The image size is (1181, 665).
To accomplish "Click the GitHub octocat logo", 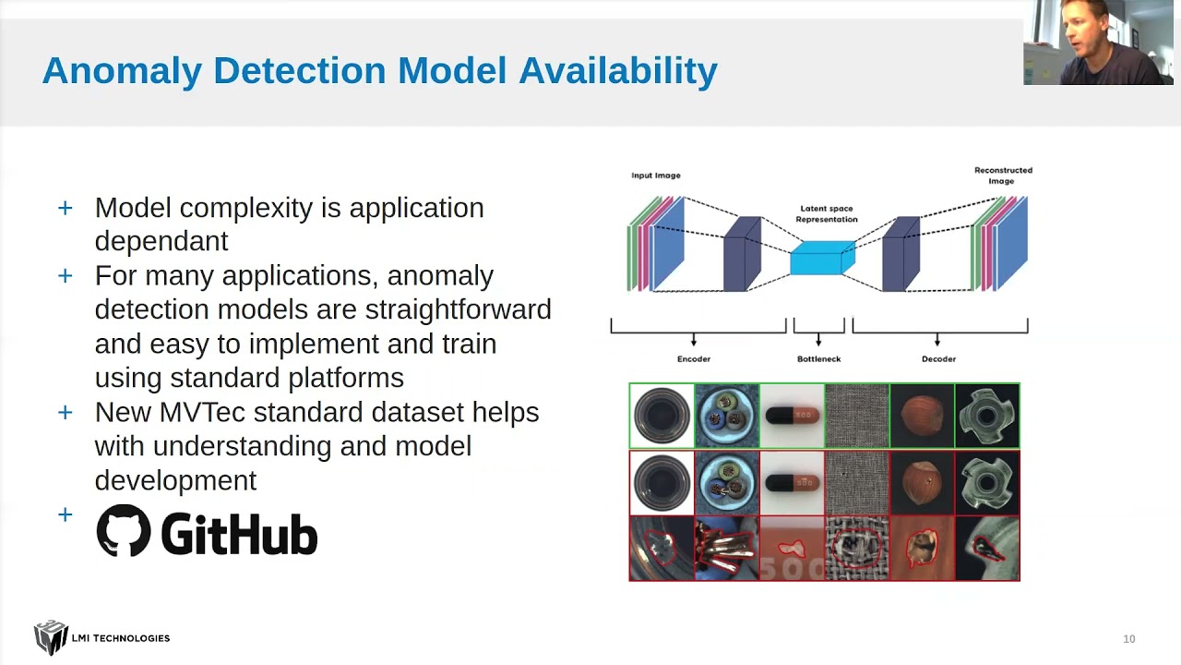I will (123, 530).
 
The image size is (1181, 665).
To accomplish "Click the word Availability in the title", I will (618, 71).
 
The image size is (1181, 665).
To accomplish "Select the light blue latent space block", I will (821, 258).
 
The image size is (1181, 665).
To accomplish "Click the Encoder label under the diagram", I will (694, 358).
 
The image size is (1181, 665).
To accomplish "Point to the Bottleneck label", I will (818, 358).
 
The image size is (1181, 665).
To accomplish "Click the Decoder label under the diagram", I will (938, 358).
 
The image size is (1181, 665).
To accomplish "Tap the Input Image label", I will (655, 175).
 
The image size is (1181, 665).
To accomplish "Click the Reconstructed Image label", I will (1003, 175).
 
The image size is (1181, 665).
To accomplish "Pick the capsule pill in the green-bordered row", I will (792, 416).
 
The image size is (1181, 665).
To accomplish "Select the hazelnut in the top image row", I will (922, 416).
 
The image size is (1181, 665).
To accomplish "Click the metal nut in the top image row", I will (987, 416).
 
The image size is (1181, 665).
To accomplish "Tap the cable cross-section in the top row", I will (726, 416).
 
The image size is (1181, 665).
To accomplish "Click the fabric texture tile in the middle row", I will (857, 482).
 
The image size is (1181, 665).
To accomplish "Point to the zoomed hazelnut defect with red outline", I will (922, 548).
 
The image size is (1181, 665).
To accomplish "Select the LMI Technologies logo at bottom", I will (101, 637).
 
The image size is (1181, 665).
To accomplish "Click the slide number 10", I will (1128, 639).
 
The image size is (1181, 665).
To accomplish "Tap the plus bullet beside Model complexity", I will (65, 208).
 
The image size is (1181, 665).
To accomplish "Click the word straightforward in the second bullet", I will (458, 309).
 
